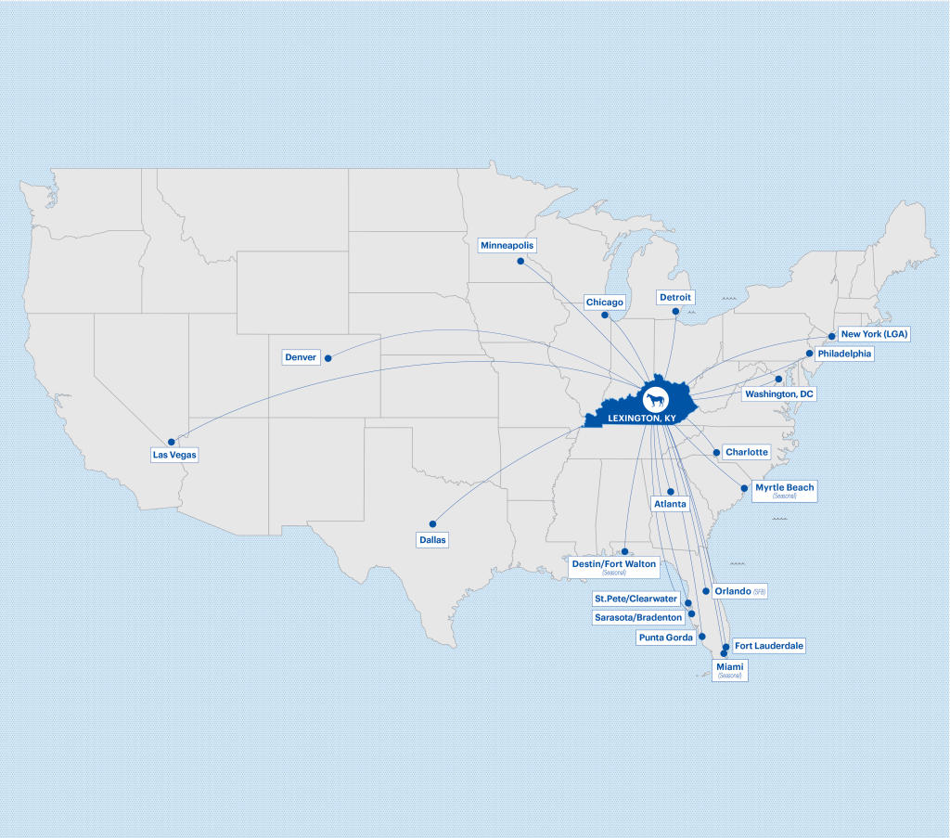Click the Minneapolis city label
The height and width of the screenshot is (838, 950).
(x=507, y=245)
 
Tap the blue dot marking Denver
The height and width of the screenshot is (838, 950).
(x=327, y=357)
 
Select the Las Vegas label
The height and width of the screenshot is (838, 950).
(x=175, y=455)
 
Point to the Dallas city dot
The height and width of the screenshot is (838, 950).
(x=432, y=524)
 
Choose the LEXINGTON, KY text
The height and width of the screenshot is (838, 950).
(x=641, y=419)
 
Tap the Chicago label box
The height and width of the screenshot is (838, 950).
(x=605, y=303)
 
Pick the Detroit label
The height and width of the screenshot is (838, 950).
(x=675, y=297)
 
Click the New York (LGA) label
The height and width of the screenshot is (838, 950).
(x=873, y=334)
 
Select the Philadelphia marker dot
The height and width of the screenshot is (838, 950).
(x=809, y=354)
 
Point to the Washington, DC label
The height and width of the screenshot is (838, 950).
(x=779, y=394)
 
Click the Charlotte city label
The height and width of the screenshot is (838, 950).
(x=747, y=452)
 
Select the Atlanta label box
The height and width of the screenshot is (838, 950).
(x=670, y=504)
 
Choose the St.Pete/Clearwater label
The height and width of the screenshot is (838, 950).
(x=636, y=599)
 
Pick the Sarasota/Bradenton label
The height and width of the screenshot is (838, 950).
(x=638, y=617)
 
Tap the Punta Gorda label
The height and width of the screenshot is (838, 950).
(x=666, y=638)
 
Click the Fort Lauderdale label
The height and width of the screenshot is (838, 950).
(x=769, y=645)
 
